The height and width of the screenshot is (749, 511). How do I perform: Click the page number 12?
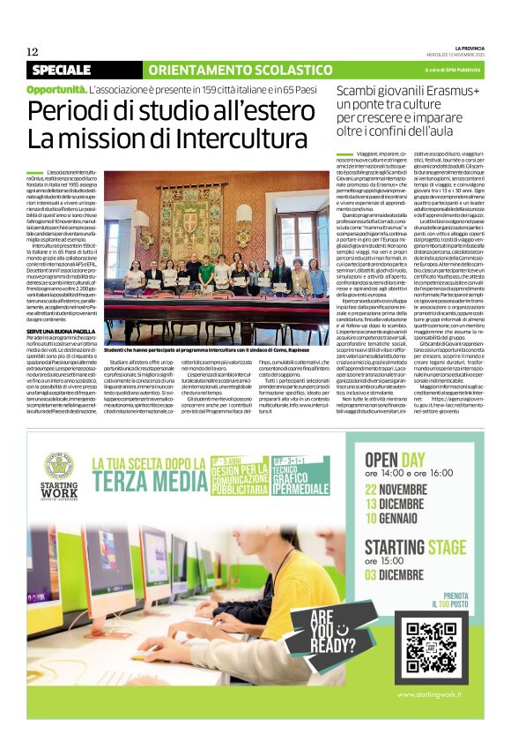point(33,52)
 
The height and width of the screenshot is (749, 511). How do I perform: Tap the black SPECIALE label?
point(74,70)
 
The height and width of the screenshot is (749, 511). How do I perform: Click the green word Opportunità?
point(56,89)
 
